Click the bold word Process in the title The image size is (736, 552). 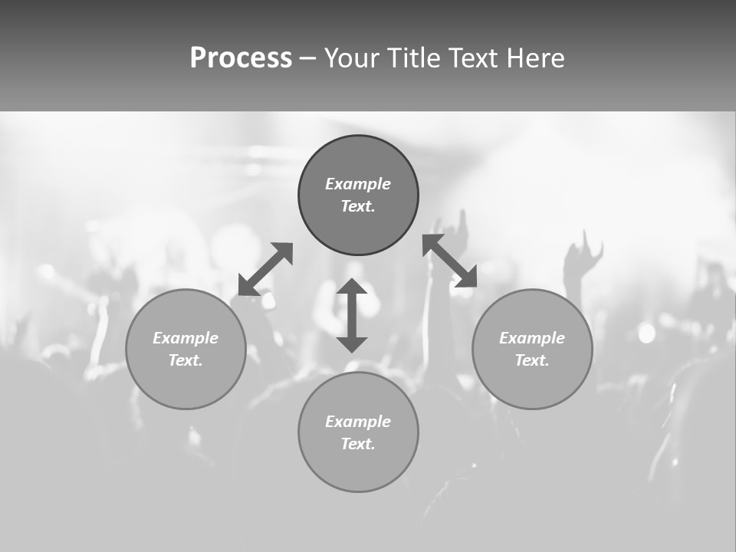pyautogui.click(x=241, y=58)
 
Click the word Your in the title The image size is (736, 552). pyautogui.click(x=352, y=58)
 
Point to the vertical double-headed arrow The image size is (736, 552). pyautogui.click(x=352, y=316)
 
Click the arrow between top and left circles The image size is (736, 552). pyautogui.click(x=265, y=269)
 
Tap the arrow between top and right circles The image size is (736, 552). pyautogui.click(x=449, y=261)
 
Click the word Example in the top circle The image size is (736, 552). pyautogui.click(x=358, y=184)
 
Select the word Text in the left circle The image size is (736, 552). pyautogui.click(x=186, y=360)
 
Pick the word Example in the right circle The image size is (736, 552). pyautogui.click(x=532, y=338)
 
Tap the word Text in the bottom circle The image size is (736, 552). pyautogui.click(x=358, y=444)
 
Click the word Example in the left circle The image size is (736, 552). pyautogui.click(x=186, y=338)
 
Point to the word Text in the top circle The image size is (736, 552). pyautogui.click(x=358, y=206)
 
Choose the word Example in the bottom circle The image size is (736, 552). pyautogui.click(x=358, y=422)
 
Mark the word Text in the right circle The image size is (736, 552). pyautogui.click(x=532, y=360)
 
